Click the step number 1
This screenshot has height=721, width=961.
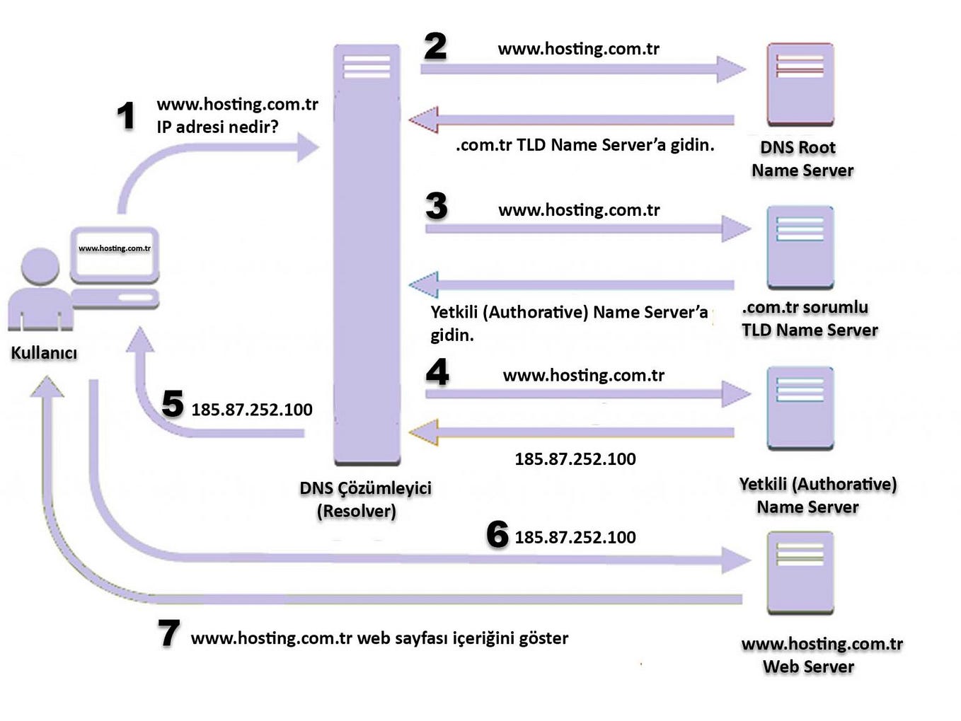(126, 115)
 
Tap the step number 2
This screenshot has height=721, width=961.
(435, 47)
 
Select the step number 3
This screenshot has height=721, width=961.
(437, 206)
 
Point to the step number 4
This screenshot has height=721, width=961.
(437, 372)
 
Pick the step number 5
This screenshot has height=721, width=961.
(173, 404)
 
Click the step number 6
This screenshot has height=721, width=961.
(497, 534)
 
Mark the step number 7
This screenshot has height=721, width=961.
(168, 633)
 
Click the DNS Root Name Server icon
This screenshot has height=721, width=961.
(800, 84)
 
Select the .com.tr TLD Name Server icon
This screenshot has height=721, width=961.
(800, 246)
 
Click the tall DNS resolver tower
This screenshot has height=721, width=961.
(367, 255)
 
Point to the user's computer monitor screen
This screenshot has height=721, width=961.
(115, 252)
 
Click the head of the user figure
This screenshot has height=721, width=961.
(40, 266)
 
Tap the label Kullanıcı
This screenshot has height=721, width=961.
(44, 352)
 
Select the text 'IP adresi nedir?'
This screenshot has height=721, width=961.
(217, 127)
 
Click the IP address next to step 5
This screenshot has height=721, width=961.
(252, 410)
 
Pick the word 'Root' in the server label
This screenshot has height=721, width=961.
(817, 147)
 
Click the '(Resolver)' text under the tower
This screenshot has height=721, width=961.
(356, 511)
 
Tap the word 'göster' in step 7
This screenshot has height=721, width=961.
(543, 638)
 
